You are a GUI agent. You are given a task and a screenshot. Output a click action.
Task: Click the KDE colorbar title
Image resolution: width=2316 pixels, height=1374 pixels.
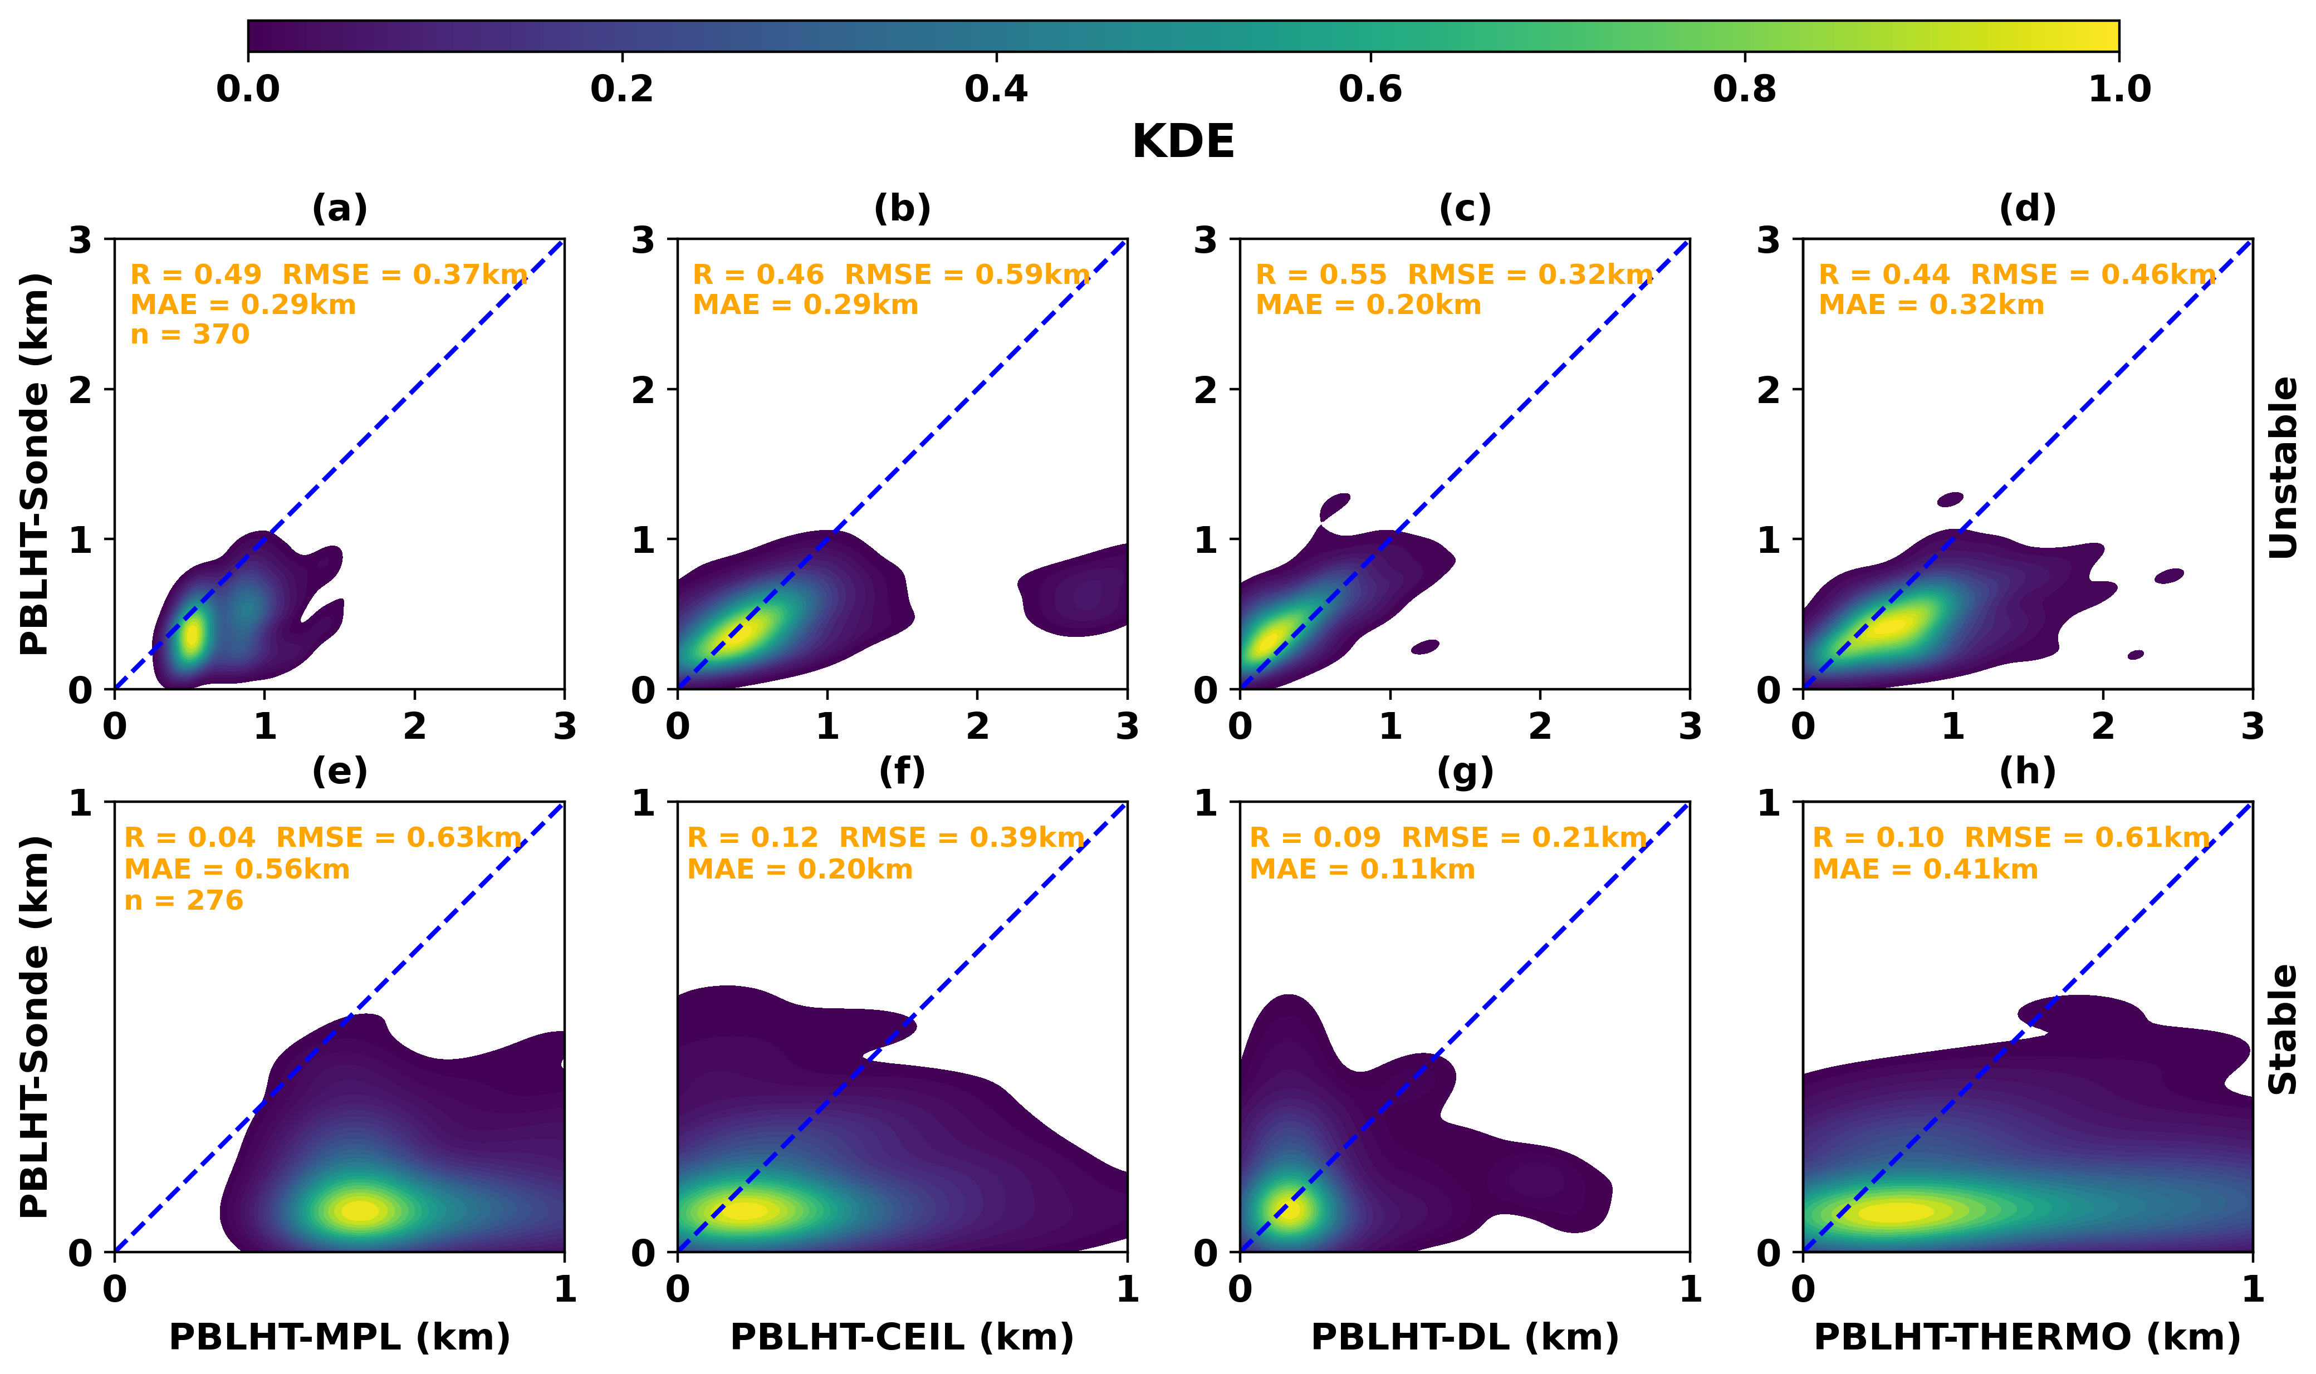coord(1183,141)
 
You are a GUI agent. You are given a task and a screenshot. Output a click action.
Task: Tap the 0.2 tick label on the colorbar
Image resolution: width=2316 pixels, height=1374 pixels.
coord(621,89)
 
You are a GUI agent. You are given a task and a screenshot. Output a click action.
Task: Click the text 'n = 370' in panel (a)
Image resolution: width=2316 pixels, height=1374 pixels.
coord(190,333)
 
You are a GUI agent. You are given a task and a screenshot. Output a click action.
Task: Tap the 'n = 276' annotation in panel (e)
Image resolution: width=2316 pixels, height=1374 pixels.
coord(183,900)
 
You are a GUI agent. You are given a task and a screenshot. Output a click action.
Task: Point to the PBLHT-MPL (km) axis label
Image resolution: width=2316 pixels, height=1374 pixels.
coord(339,1337)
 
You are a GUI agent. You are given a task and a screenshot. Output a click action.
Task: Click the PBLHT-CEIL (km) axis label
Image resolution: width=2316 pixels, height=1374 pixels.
coord(902,1337)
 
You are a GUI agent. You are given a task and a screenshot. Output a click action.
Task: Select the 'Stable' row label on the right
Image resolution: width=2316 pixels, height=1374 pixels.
coord(2284,1029)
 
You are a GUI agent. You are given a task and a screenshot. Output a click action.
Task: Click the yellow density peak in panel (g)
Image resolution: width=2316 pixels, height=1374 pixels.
coord(1287,1209)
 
